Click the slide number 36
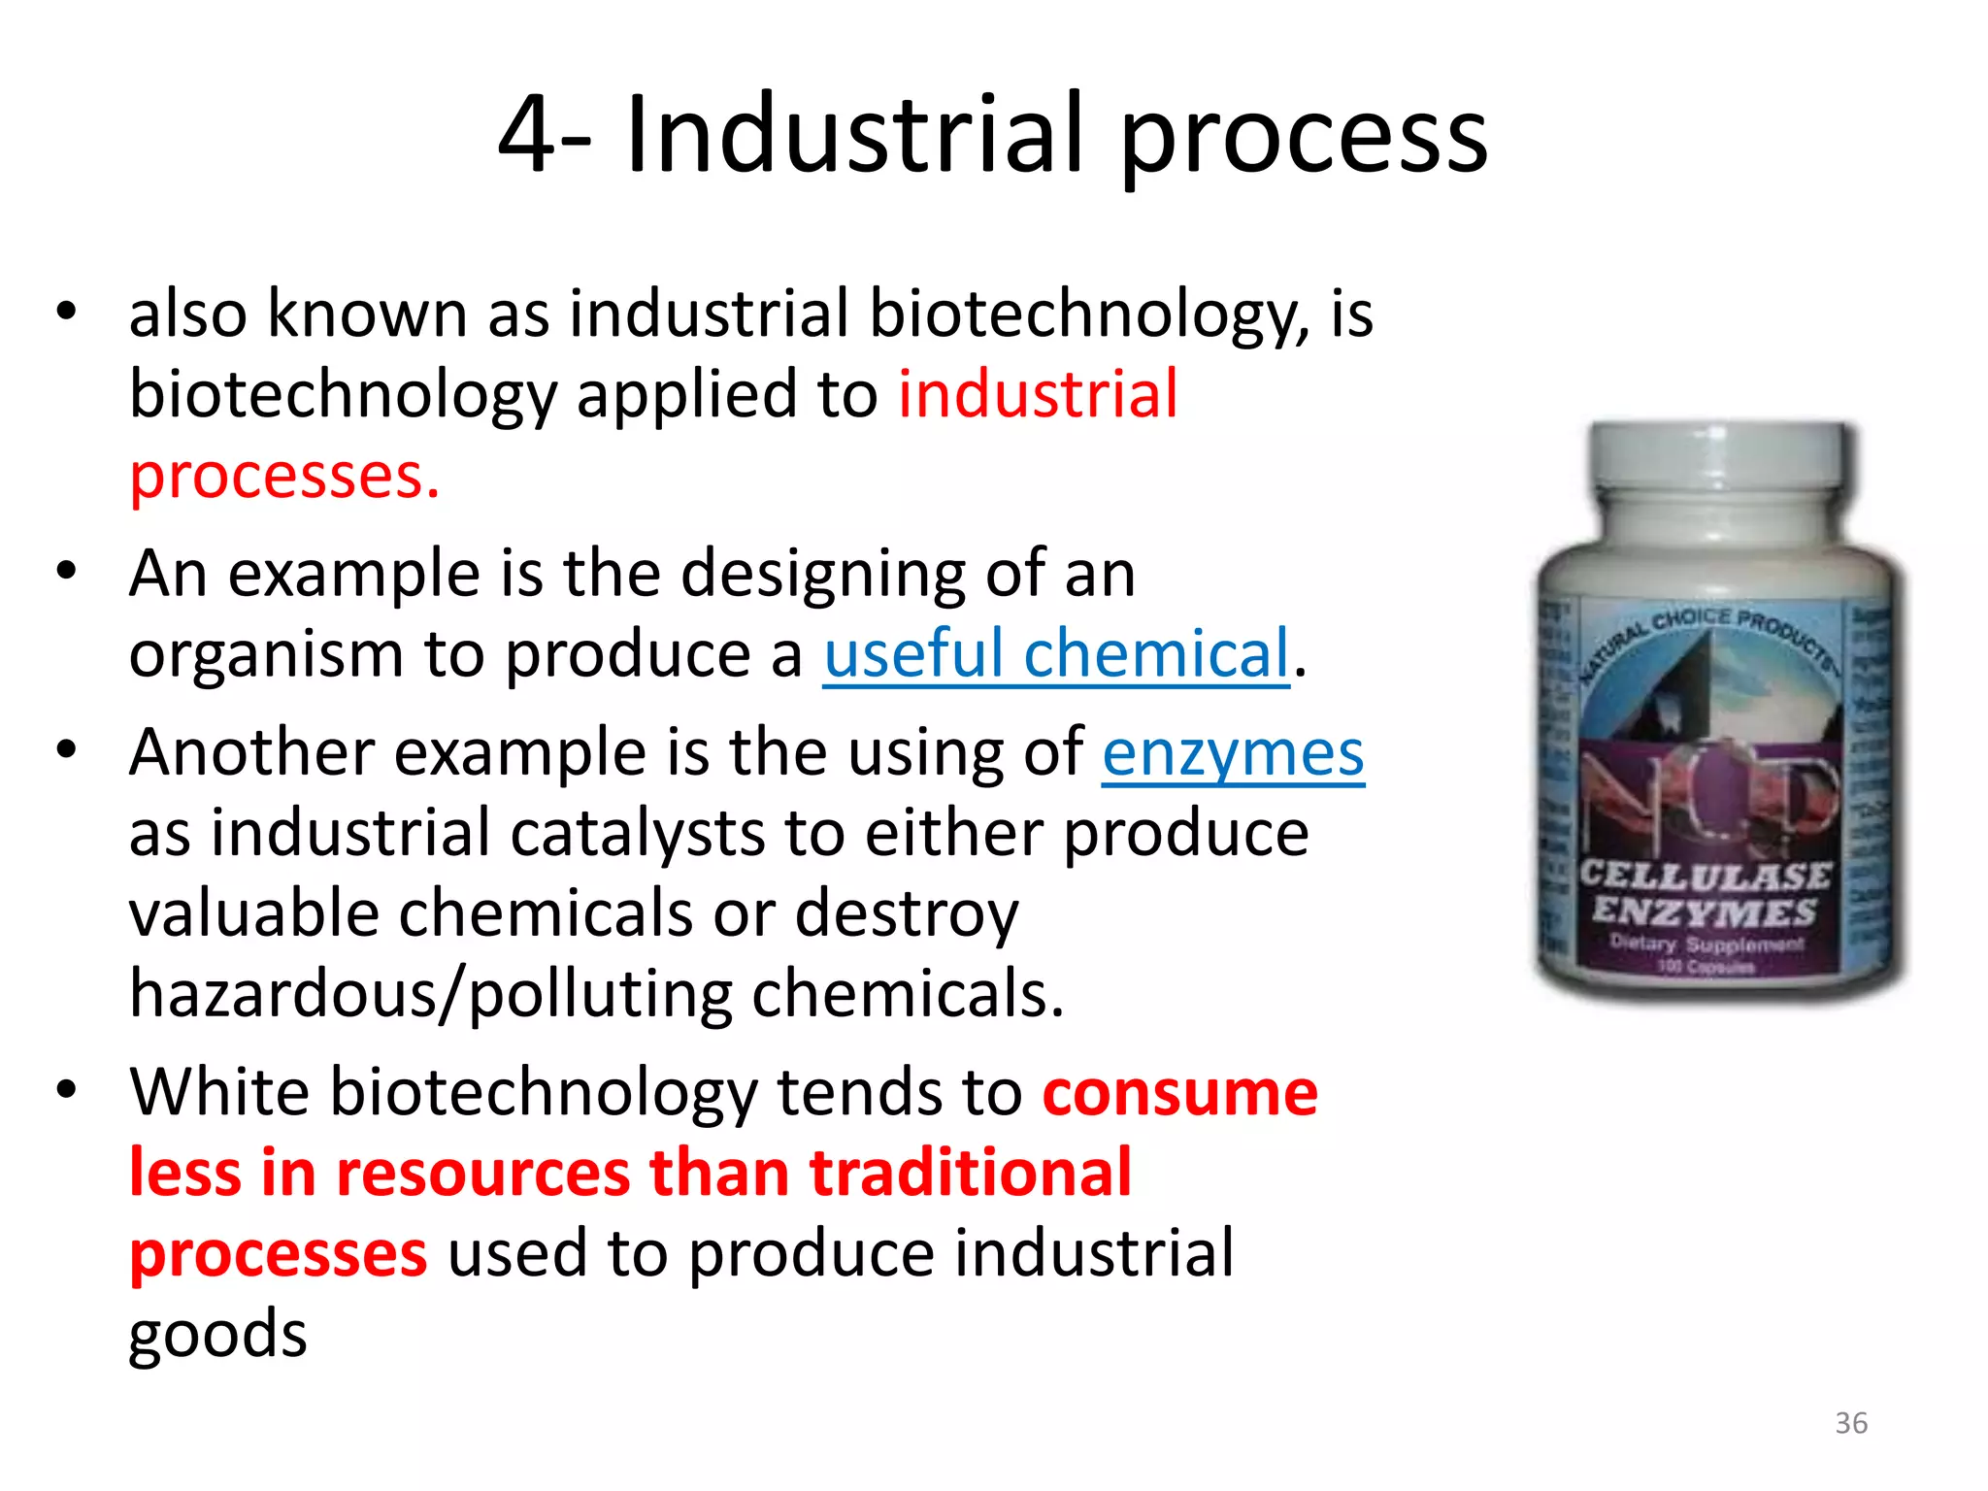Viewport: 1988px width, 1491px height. pos(1851,1423)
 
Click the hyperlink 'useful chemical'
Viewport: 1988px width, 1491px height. pos(1056,653)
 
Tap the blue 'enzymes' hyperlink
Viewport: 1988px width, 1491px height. pos(1233,753)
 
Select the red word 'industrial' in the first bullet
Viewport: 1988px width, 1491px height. pos(1038,394)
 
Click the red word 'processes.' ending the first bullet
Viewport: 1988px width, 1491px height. pos(284,477)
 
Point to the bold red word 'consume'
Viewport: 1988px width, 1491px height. pos(1179,1093)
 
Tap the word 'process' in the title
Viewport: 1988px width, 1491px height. pos(1304,136)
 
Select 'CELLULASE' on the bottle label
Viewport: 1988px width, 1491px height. pos(1706,875)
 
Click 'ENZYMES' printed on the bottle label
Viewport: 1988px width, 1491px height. pos(1704,911)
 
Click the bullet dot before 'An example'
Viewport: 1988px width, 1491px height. pos(66,571)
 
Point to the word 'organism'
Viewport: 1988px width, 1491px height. pos(266,655)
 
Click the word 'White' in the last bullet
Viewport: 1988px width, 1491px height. pos(218,1092)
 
